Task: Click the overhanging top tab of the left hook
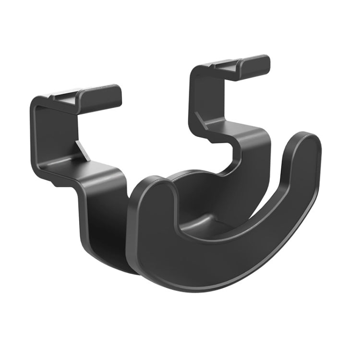(x=103, y=94)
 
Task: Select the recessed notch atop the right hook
(x=226, y=65)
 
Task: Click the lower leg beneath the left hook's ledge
(x=103, y=211)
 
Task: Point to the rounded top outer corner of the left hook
(x=36, y=104)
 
